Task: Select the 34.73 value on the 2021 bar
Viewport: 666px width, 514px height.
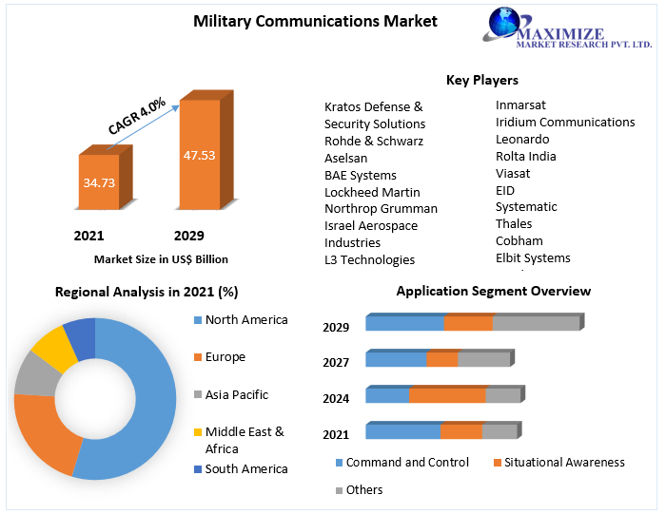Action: pyautogui.click(x=99, y=181)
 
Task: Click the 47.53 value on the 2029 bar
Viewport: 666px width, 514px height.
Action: pyautogui.click(x=199, y=155)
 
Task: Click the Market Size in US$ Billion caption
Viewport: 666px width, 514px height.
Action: pyautogui.click(x=161, y=258)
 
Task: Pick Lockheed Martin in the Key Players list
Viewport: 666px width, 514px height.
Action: pyautogui.click(x=372, y=192)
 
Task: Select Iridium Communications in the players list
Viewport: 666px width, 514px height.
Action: pyautogui.click(x=565, y=122)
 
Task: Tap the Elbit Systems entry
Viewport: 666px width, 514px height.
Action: pyautogui.click(x=533, y=257)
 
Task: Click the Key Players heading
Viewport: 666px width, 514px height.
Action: pyautogui.click(x=481, y=80)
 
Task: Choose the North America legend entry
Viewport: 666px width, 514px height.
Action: pyautogui.click(x=245, y=320)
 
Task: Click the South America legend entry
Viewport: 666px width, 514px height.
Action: pyautogui.click(x=245, y=468)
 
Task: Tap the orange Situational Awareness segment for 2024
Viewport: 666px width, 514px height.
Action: pyautogui.click(x=447, y=395)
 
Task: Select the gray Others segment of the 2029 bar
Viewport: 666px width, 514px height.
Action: pyautogui.click(x=536, y=323)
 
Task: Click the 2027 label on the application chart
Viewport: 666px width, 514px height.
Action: pyautogui.click(x=336, y=363)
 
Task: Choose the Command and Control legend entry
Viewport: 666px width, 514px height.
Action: pyautogui.click(x=406, y=463)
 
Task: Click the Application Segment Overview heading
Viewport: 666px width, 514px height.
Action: pyautogui.click(x=493, y=291)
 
